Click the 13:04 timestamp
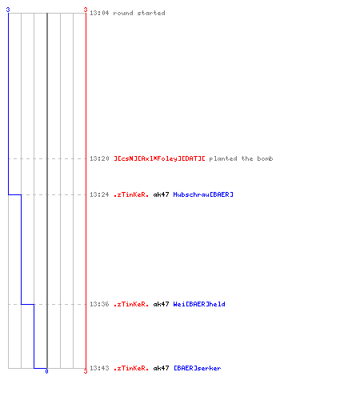[99, 13]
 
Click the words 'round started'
[139, 13]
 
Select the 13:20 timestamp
[99, 158]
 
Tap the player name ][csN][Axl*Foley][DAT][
[159, 158]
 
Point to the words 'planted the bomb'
[241, 158]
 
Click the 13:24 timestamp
[99, 194]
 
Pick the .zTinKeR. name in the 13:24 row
[131, 194]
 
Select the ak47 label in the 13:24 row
[161, 194]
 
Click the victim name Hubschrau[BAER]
[203, 194]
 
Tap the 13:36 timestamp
[99, 304]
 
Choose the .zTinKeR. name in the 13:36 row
[131, 304]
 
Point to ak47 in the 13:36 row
[161, 304]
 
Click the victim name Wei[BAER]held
[199, 304]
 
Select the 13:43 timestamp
[99, 368]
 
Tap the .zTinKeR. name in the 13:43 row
[131, 368]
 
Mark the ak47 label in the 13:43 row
[161, 368]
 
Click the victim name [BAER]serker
[198, 368]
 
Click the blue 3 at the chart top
[8, 10]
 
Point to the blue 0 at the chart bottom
[46, 371]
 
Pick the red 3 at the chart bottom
[86, 371]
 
